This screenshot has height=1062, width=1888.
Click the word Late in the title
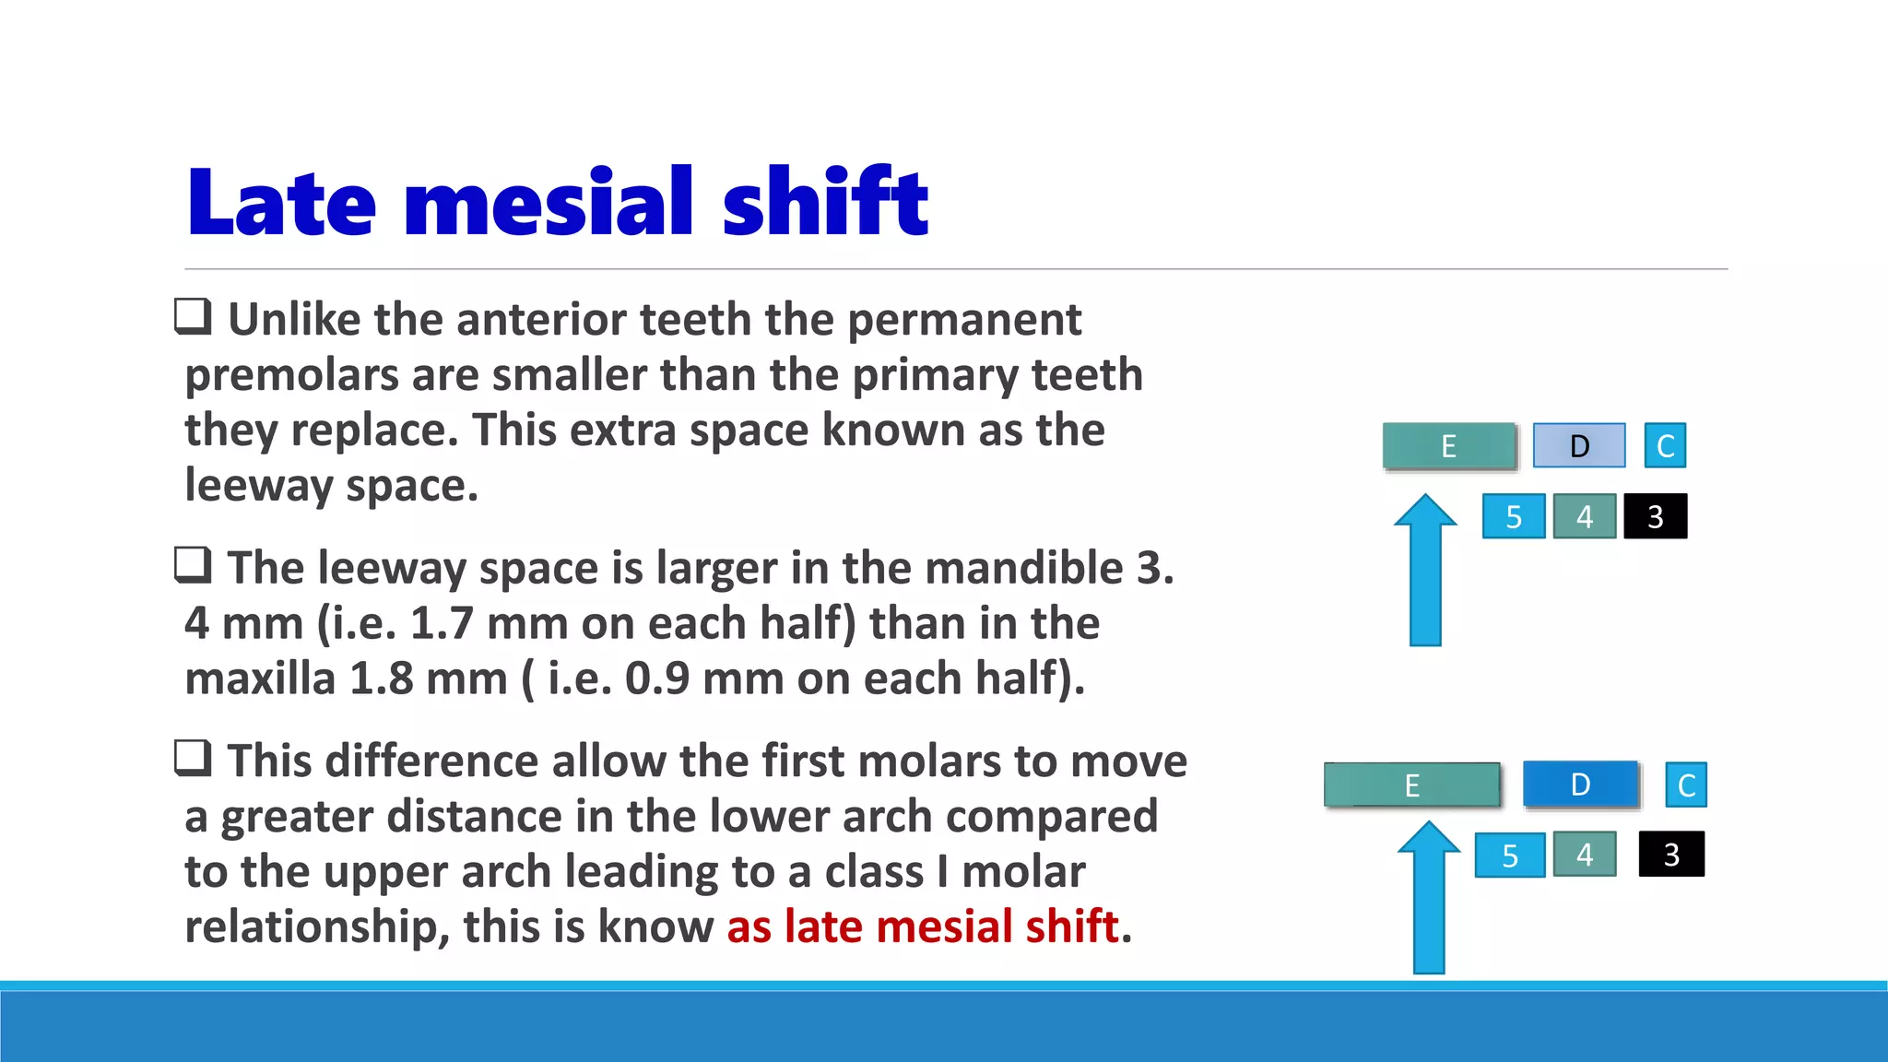[281, 203]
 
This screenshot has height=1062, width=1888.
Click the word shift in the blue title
[825, 203]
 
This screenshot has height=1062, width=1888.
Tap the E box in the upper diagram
[1449, 446]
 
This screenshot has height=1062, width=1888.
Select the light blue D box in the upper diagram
[1579, 446]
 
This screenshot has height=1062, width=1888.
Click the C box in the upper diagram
[1665, 446]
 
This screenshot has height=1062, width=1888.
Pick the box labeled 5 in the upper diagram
[1514, 516]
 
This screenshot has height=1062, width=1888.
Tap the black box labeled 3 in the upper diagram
[1655, 516]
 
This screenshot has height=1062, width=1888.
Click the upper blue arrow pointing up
[1425, 572]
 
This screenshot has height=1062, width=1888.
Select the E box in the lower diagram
[1411, 785]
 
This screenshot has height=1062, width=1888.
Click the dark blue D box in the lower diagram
[1580, 785]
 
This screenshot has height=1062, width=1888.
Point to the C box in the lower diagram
[1686, 785]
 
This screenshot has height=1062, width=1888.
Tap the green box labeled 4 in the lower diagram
[1584, 855]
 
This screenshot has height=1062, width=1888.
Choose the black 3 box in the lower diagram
[1671, 855]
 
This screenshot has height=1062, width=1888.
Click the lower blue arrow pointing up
[1429, 899]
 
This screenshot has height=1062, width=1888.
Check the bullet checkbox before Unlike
[194, 316]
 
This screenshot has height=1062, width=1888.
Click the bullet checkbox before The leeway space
[194, 564]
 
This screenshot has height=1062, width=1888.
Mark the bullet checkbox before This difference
[194, 758]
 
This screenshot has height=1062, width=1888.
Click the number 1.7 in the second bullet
[441, 623]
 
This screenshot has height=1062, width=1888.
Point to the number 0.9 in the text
[656, 678]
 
